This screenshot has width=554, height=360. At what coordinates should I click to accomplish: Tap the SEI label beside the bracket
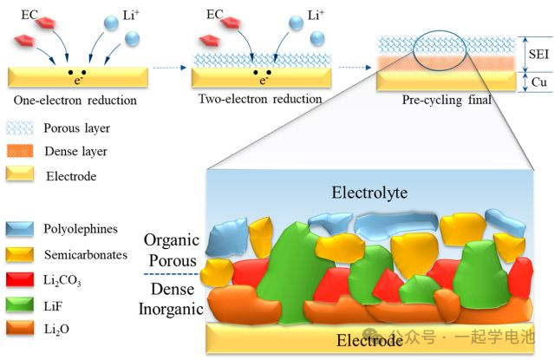click(x=538, y=56)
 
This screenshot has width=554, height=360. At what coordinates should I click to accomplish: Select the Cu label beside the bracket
click(x=538, y=82)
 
